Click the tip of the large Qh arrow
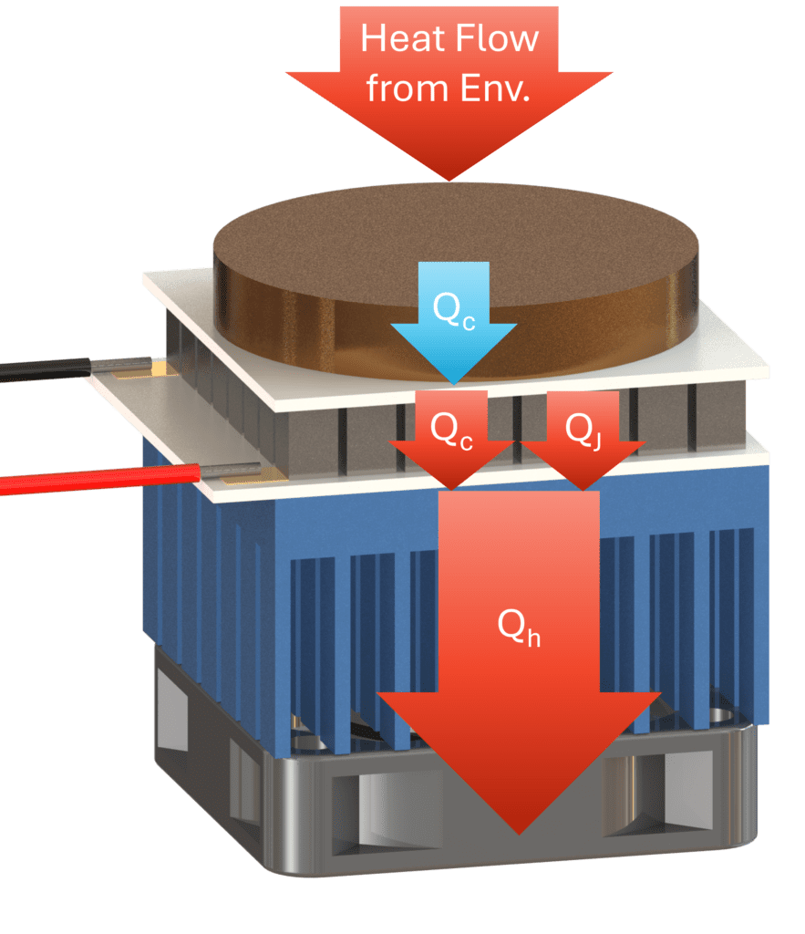click(x=519, y=830)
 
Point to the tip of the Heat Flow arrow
click(x=448, y=178)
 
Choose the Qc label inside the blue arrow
click(x=453, y=312)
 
